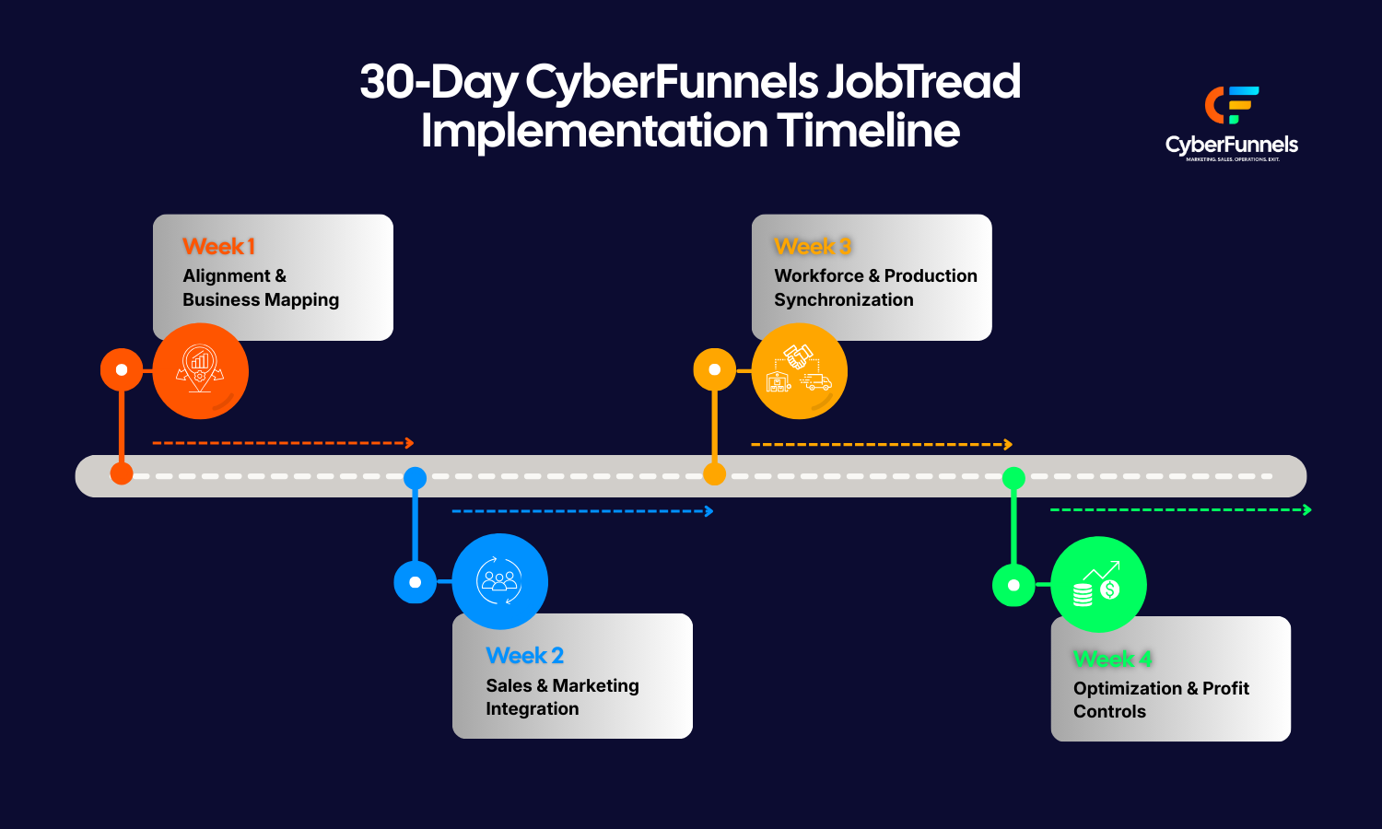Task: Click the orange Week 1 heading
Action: tap(218, 247)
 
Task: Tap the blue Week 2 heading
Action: tap(524, 656)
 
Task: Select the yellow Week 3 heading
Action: tap(812, 247)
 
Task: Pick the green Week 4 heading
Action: tap(1112, 659)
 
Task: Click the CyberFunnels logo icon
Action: tap(1231, 105)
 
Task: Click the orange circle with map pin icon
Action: tap(201, 371)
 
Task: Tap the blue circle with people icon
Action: tap(500, 581)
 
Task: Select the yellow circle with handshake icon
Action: tap(799, 371)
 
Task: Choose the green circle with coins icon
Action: tap(1098, 584)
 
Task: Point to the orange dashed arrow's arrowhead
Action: tap(410, 443)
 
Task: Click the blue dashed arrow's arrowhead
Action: tap(709, 511)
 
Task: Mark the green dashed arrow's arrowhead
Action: tap(1307, 509)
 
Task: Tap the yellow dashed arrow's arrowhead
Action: tap(1008, 444)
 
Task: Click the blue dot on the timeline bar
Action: tap(416, 477)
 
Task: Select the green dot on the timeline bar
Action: tap(1013, 477)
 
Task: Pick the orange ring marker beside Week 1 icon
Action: tap(122, 370)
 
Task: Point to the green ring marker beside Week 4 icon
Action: tap(1013, 585)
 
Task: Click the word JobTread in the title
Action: tap(923, 82)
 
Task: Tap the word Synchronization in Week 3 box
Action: tap(844, 300)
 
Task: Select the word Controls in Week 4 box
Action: tap(1109, 712)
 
